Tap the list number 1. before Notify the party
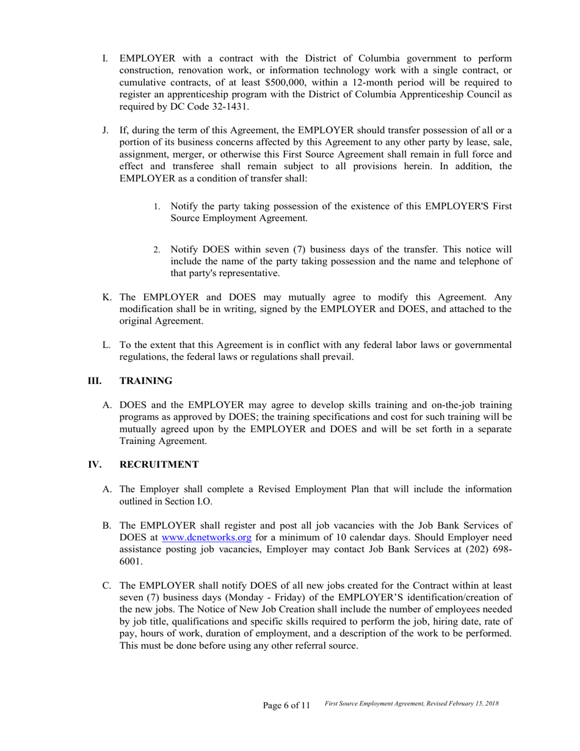click(156, 206)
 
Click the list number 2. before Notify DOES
click(156, 250)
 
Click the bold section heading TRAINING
click(146, 381)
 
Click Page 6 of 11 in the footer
click(286, 705)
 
